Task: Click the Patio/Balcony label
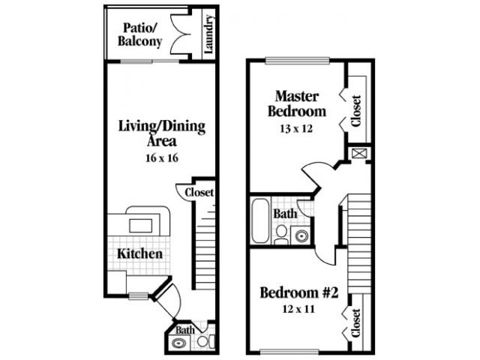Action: (140, 35)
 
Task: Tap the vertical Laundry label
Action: (208, 34)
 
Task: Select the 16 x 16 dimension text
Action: (161, 157)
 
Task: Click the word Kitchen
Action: (139, 253)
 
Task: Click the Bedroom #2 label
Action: (299, 292)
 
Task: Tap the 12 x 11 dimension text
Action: (299, 310)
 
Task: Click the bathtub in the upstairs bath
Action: (259, 220)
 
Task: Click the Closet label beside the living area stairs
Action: (199, 193)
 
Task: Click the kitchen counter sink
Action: (139, 224)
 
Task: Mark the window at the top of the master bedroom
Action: (297, 61)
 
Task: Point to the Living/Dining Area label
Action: (161, 133)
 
